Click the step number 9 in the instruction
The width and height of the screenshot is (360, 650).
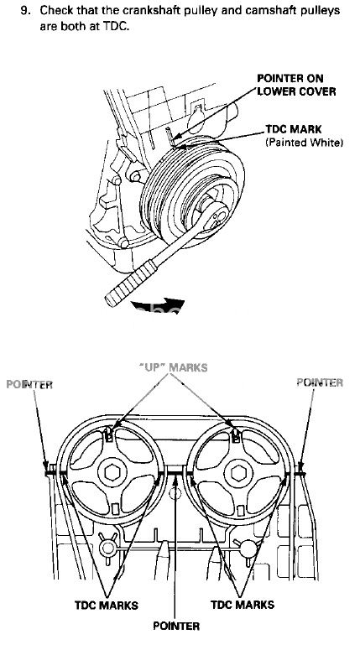24,11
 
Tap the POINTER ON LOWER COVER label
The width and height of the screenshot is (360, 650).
296,85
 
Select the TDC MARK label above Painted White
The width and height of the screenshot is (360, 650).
293,129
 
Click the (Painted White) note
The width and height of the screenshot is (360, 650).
304,143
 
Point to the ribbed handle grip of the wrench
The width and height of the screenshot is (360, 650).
131,283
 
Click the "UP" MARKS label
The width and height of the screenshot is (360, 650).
174,367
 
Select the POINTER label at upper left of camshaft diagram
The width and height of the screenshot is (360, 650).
29,384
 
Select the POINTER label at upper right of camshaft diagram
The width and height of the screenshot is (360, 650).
320,382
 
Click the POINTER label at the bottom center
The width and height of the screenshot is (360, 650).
176,626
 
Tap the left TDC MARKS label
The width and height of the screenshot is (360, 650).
107,605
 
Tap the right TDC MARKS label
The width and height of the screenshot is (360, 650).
243,605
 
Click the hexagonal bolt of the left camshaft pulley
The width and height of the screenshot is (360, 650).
112,473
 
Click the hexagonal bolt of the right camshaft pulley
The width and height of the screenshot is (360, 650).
238,473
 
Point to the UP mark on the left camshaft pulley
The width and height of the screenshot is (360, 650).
108,434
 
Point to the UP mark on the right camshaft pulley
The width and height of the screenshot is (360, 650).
236,434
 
